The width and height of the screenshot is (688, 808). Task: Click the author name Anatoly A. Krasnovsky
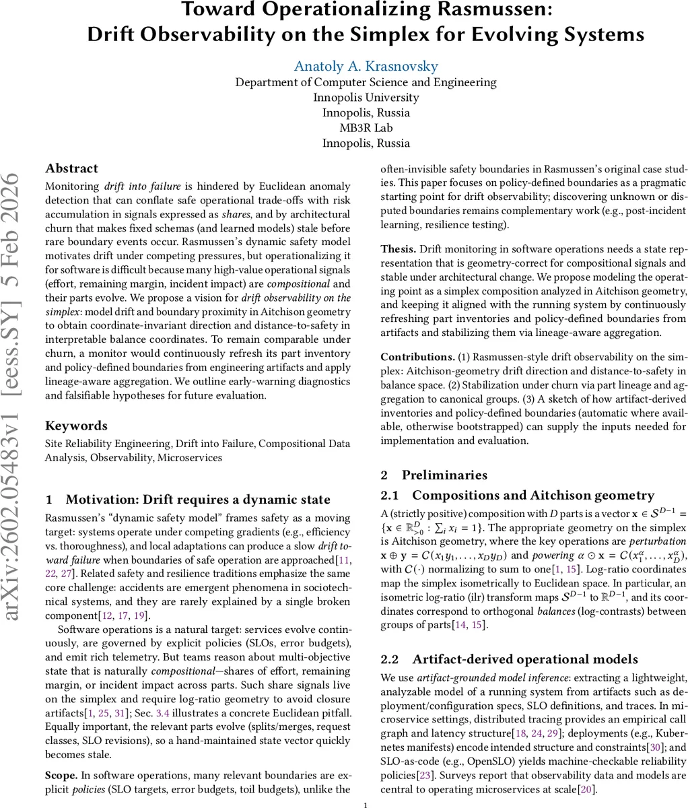point(366,66)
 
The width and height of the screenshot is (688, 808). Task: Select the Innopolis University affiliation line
point(366,97)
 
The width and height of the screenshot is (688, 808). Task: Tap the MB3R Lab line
point(366,127)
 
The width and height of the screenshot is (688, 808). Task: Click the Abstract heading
point(71,168)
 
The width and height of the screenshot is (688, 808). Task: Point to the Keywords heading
point(76,426)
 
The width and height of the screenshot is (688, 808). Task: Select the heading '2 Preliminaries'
point(434,475)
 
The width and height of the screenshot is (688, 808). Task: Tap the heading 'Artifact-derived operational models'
point(525,659)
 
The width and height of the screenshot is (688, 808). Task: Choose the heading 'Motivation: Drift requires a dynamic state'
point(198,499)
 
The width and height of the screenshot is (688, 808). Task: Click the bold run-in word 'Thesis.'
point(399,248)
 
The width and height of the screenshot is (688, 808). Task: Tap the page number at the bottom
point(366,804)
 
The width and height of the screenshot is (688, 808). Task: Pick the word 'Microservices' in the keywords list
point(189,457)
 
